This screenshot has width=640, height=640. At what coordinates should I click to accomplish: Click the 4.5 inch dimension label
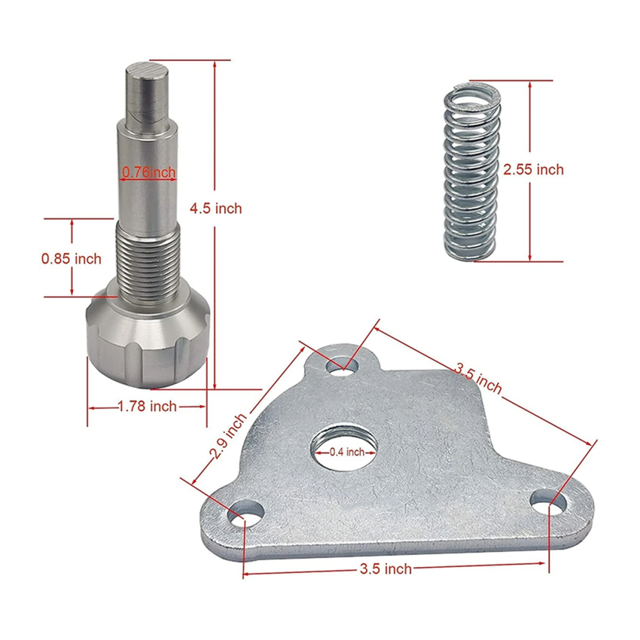pos(215,209)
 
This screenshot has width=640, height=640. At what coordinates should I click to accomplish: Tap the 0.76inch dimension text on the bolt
pos(149,172)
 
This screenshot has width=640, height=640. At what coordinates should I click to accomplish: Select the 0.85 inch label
pos(71,259)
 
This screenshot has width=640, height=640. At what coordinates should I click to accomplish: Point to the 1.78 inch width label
pos(147,407)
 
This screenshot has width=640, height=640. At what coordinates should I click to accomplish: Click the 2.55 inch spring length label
pos(533,169)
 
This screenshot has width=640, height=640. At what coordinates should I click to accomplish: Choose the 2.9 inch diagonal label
pos(229,436)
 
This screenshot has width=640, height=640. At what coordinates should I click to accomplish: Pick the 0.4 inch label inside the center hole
pos(347,452)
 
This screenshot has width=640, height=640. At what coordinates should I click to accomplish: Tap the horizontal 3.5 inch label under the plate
pos(386,569)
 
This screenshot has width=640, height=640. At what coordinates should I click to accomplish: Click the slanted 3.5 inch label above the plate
pos(478,379)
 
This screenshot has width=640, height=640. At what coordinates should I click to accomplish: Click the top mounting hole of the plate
pos(343,365)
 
